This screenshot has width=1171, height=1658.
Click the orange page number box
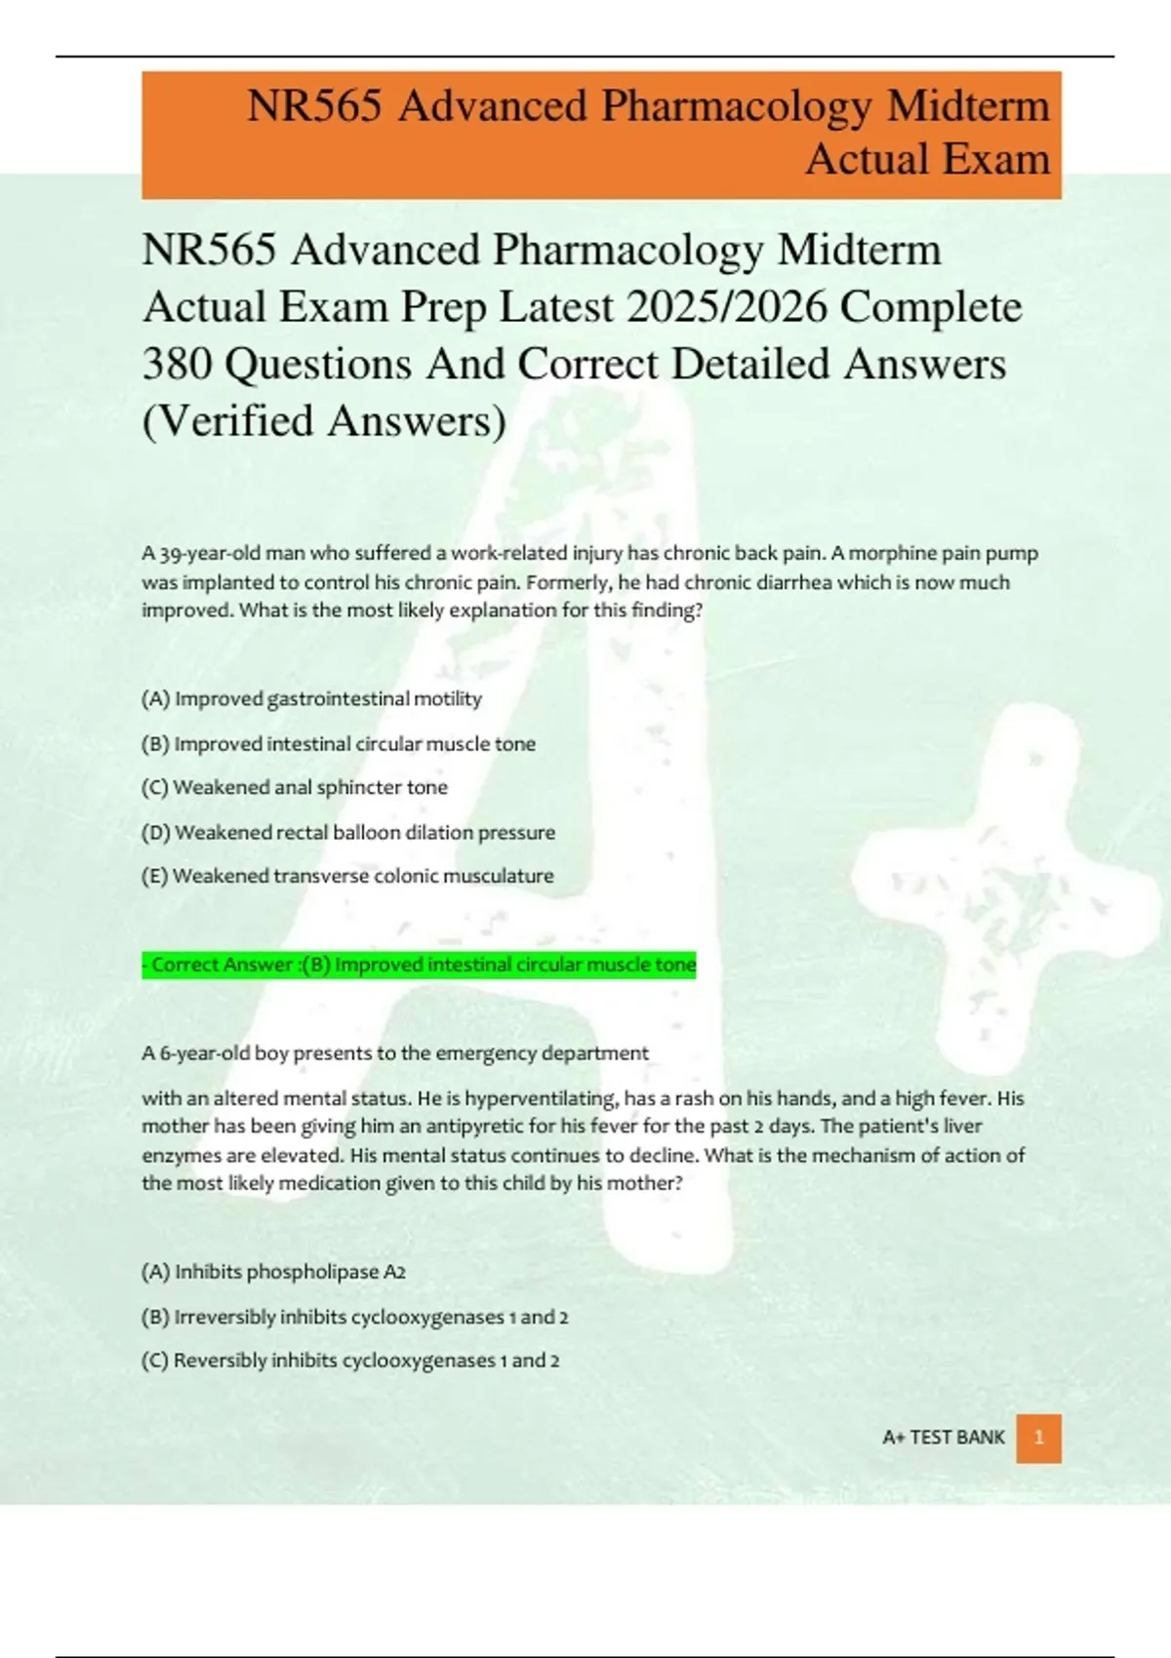pos(1038,1438)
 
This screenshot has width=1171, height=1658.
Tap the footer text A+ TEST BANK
pos(943,1438)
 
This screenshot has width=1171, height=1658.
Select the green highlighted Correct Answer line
pos(420,965)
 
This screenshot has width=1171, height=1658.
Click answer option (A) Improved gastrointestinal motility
pos(311,698)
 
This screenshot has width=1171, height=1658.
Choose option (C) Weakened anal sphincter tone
pos(295,787)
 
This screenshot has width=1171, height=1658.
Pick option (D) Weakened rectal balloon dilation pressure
pos(348,832)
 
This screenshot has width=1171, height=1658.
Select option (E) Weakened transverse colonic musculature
pos(347,876)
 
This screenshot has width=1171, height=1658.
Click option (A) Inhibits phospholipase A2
pos(273,1272)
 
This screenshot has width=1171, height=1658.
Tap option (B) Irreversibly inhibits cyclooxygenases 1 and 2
pos(354,1317)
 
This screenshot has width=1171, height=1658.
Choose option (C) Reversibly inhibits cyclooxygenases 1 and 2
pos(350,1361)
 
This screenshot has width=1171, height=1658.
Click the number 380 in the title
pos(178,364)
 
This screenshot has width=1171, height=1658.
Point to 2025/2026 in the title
pos(727,307)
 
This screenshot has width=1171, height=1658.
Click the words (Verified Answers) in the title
pos(324,421)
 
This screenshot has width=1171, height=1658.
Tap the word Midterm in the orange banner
pos(967,105)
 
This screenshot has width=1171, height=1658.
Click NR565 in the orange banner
pos(314,105)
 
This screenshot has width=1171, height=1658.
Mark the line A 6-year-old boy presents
pos(394,1053)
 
